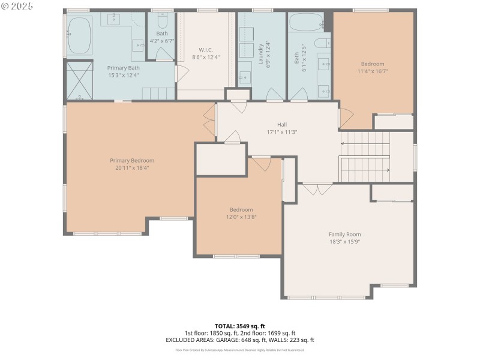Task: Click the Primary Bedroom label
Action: (x=132, y=160)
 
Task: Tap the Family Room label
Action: (x=344, y=234)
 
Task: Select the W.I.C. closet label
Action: (x=206, y=49)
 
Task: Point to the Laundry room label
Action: (x=261, y=53)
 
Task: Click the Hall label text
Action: (x=282, y=124)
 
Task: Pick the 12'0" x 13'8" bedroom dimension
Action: (x=241, y=217)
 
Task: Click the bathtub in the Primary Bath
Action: (x=79, y=35)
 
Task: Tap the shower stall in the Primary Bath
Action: (x=79, y=79)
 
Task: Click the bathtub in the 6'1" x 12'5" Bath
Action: (x=307, y=22)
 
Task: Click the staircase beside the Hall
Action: (x=365, y=156)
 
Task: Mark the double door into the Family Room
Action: (x=317, y=188)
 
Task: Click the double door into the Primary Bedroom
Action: (x=209, y=121)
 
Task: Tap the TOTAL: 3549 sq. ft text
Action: (x=240, y=326)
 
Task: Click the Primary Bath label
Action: (x=123, y=68)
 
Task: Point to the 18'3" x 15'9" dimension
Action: (x=344, y=241)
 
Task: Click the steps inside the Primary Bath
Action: (x=157, y=94)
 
